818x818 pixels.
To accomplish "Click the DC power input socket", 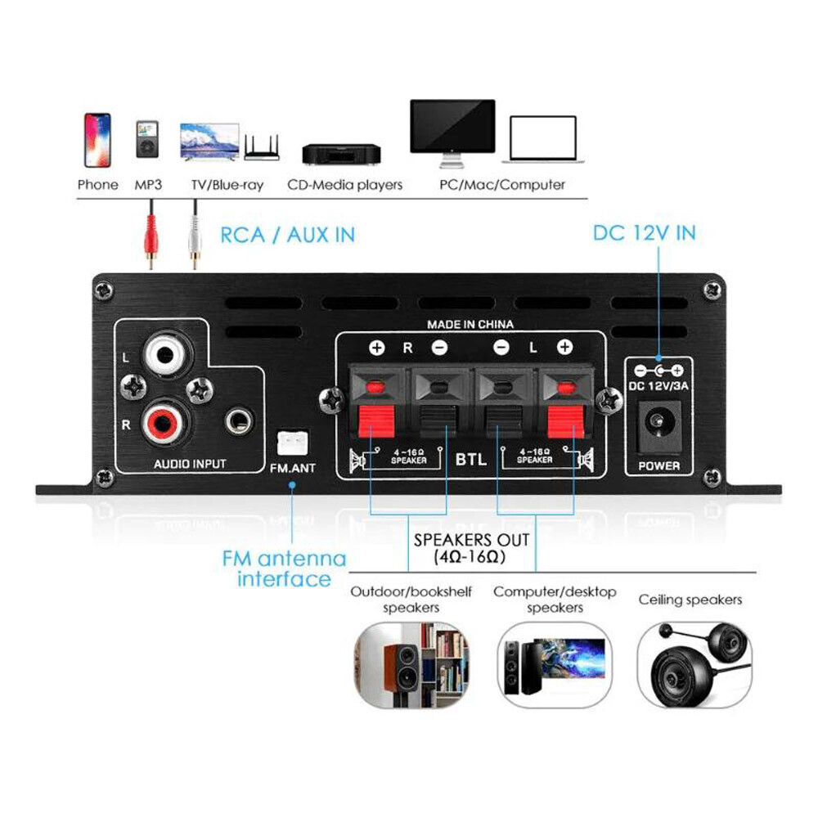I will (x=658, y=425).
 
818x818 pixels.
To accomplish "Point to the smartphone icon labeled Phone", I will (x=97, y=140).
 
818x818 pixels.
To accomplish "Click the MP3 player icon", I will (x=148, y=140).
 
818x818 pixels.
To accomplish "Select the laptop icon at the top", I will (x=543, y=139).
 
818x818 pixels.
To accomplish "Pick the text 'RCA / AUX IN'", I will (x=288, y=235).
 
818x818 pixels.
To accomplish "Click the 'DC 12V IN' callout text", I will (x=644, y=233).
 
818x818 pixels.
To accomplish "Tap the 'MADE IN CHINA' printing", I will (x=470, y=325).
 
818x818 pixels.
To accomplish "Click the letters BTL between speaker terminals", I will (x=470, y=459).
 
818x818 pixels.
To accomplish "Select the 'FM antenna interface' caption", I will (x=284, y=569).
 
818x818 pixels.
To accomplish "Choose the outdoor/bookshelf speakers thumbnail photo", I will (x=411, y=663).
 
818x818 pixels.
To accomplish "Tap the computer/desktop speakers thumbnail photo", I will (x=554, y=663).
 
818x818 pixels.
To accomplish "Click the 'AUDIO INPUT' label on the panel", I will (x=190, y=464).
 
